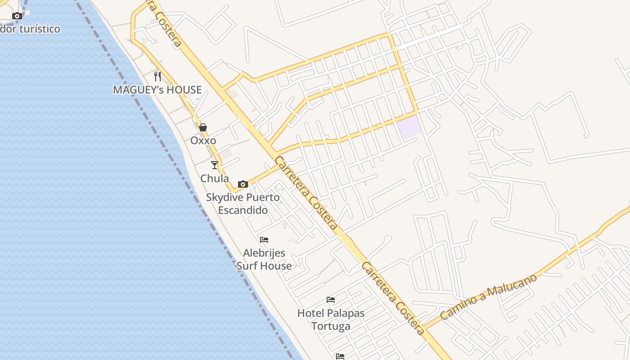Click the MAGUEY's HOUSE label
[157, 90]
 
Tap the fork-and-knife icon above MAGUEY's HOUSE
[157, 76]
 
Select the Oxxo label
[203, 140]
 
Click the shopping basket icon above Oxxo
[203, 127]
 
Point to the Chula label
[214, 178]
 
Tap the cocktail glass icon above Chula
[215, 165]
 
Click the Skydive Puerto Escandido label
[243, 203]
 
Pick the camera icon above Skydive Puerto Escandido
[243, 184]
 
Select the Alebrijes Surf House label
[264, 259]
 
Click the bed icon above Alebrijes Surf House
[264, 240]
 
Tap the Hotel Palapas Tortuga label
[331, 319]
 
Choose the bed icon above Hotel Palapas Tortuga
[331, 300]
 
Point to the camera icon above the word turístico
[17, 16]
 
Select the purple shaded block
[409, 127]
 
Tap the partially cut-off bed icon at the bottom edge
[340, 356]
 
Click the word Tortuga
[331, 326]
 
